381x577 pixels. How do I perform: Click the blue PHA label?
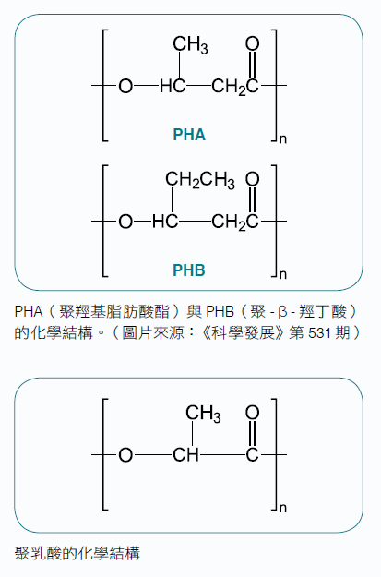[189, 134]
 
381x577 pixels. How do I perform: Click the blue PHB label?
[189, 270]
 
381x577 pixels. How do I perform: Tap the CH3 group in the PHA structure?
[190, 45]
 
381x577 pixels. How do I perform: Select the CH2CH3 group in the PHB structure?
[199, 180]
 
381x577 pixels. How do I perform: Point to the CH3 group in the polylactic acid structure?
[203, 414]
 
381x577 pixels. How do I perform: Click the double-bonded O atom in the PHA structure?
[252, 43]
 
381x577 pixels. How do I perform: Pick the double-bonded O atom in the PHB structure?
[252, 179]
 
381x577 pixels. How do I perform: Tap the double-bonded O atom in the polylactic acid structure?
[252, 413]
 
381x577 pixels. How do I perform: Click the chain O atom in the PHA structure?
[125, 86]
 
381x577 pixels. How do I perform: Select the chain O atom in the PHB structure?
[125, 222]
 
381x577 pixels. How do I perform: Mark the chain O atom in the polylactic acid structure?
[125, 455]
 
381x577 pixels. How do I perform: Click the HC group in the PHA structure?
[173, 86]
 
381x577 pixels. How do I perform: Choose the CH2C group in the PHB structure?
[235, 223]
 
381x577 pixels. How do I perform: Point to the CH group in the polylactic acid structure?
[185, 455]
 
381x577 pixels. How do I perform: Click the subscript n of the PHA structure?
[283, 138]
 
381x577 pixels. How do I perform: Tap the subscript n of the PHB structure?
[283, 274]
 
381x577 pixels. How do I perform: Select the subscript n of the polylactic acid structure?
[283, 508]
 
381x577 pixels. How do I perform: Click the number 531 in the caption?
[319, 332]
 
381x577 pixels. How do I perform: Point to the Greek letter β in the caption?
[282, 312]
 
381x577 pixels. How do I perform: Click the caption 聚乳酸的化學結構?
[77, 553]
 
